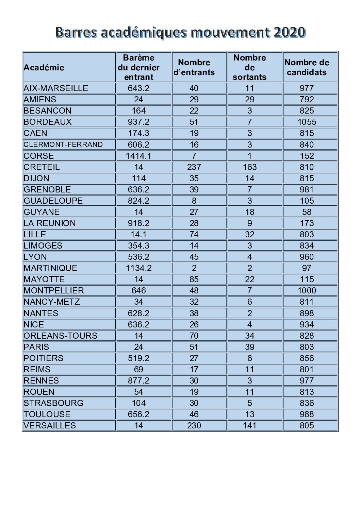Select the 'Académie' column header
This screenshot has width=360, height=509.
[x=44, y=67]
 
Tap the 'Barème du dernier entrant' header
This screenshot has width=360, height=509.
[x=138, y=67]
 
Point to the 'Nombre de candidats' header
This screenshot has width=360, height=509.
[x=307, y=67]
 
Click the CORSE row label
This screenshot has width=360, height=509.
[x=39, y=156]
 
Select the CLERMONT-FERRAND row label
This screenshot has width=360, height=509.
[x=63, y=145]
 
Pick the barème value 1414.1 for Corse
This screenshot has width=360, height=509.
[x=138, y=156]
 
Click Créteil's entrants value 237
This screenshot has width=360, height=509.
[x=194, y=167]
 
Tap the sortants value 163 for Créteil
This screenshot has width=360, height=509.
[x=249, y=167]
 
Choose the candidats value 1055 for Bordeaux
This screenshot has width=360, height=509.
[x=307, y=122]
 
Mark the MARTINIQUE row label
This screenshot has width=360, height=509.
[x=50, y=268]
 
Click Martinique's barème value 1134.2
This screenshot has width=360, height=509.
[x=138, y=268]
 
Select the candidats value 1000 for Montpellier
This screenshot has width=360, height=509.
[x=307, y=290]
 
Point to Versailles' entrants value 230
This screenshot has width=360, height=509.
[x=194, y=425]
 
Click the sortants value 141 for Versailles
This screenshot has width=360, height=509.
[x=249, y=425]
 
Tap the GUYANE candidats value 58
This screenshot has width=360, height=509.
[x=307, y=212]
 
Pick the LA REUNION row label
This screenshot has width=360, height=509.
[x=50, y=223]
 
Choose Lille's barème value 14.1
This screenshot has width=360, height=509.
[x=138, y=234]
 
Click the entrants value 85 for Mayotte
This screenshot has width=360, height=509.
[x=194, y=279]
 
